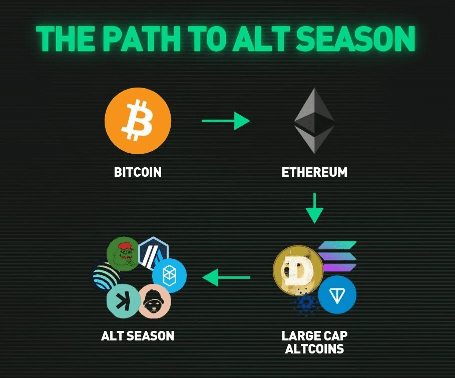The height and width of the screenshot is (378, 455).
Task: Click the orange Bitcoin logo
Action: click(138, 121)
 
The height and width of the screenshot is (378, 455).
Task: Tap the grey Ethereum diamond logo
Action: click(314, 121)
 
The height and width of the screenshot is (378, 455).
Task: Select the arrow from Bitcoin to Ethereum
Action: click(226, 121)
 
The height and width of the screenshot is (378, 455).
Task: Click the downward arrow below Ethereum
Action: click(314, 208)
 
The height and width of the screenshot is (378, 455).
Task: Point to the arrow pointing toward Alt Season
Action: click(226, 277)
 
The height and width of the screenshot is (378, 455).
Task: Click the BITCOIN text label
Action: click(138, 172)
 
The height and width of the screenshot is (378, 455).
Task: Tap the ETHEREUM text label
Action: click(314, 172)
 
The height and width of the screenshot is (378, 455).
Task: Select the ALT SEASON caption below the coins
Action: click(138, 336)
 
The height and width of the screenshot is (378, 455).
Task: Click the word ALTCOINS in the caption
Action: click(314, 348)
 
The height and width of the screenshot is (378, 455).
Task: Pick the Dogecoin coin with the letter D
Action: click(298, 270)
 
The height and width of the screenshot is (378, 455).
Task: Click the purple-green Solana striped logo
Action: click(338, 257)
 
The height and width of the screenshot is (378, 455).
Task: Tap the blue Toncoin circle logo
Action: click(337, 295)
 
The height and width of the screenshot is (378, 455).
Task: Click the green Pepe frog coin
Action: click(123, 254)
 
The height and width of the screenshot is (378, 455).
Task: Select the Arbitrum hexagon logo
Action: click(154, 252)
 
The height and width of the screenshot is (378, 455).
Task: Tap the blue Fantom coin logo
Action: click(170, 275)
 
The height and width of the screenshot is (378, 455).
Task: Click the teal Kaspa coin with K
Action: click(124, 301)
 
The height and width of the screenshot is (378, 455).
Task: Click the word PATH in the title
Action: click(142, 39)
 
